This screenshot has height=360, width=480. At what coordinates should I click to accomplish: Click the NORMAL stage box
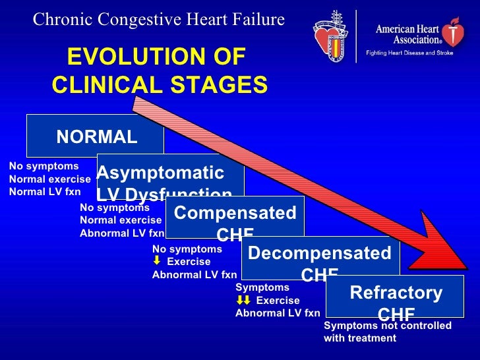tap(96, 136)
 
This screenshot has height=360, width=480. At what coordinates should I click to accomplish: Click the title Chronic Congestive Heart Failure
tap(159, 20)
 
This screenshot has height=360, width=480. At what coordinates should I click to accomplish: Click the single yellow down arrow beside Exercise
tap(157, 261)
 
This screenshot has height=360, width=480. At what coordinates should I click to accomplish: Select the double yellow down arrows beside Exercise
tap(243, 300)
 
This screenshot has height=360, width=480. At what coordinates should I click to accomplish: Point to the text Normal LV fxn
tap(45, 192)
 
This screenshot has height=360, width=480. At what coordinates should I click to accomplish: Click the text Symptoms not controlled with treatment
tap(388, 332)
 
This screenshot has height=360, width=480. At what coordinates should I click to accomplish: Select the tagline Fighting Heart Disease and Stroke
tap(409, 53)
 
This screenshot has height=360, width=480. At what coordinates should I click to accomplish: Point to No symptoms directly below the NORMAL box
tap(44, 166)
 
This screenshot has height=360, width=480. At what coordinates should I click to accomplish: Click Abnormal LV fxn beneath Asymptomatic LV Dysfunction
tap(122, 233)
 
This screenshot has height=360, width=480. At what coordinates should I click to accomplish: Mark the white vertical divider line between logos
tap(356, 36)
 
